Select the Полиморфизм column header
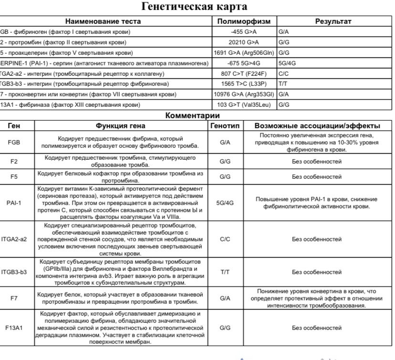(x=244, y=21)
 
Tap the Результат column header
(x=333, y=21)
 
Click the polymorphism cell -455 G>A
(x=244, y=31)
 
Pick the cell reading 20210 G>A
(x=244, y=42)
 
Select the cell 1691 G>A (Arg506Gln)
(x=244, y=52)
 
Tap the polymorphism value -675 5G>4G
(x=244, y=63)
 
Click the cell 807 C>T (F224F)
(x=244, y=73)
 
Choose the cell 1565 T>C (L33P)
(x=244, y=84)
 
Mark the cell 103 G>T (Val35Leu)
(x=244, y=104)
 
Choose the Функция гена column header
(x=121, y=126)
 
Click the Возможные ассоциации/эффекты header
(x=317, y=126)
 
